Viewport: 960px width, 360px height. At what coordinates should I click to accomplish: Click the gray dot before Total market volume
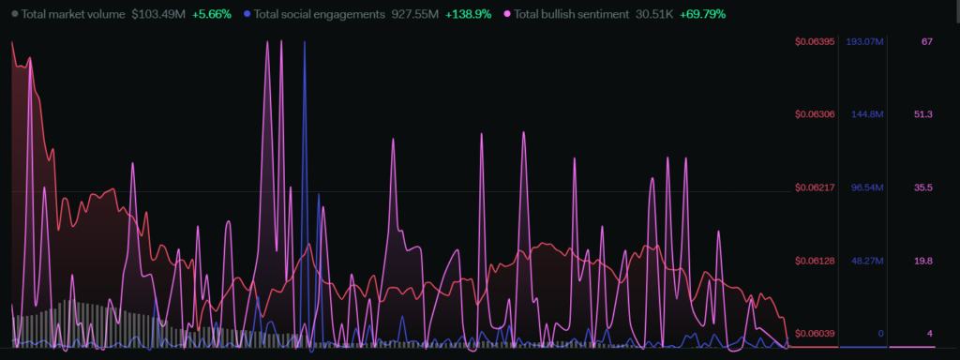point(15,13)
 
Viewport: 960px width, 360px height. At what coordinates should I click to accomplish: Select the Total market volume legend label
point(73,13)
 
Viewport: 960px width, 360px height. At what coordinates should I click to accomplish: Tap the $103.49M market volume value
point(157,13)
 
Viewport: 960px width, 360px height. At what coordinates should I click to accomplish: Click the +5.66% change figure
point(211,13)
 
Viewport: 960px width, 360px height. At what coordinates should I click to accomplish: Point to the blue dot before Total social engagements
point(247,13)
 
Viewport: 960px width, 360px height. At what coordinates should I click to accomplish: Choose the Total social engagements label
point(320,13)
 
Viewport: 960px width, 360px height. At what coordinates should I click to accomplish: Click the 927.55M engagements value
point(415,13)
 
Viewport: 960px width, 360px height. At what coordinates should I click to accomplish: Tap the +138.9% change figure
point(469,13)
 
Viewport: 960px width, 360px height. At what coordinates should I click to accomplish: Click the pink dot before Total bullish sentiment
point(507,13)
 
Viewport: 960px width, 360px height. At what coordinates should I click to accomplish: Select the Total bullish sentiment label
point(571,13)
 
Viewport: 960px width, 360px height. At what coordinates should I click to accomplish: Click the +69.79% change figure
point(703,13)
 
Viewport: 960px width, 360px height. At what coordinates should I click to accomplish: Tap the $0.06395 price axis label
point(815,41)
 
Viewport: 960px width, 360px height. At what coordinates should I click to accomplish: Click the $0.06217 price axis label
point(815,187)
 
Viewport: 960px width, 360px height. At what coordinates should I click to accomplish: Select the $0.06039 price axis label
point(815,333)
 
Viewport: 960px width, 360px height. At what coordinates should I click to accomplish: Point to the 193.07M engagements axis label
point(864,41)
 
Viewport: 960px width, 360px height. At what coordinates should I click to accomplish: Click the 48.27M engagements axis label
point(867,261)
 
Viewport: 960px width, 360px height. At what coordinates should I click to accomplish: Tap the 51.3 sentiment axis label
point(923,114)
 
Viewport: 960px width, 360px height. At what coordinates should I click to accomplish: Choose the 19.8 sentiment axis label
point(923,261)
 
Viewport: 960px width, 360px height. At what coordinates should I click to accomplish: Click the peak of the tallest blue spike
point(305,41)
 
